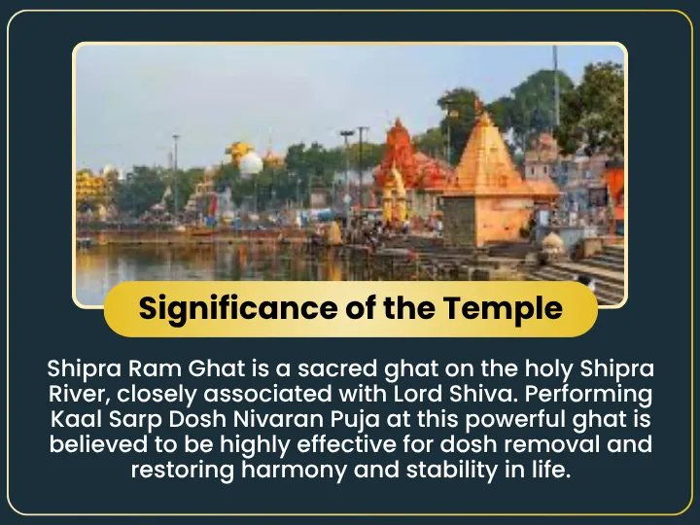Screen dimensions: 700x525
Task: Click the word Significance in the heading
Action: coord(238,309)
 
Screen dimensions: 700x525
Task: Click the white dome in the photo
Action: coord(251,163)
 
